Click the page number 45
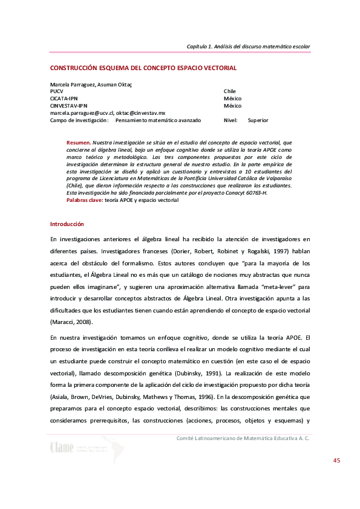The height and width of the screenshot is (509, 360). click(x=336, y=461)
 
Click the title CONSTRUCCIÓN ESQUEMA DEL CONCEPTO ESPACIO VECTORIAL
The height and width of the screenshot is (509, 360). click(x=143, y=68)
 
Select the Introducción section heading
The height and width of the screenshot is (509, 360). click(x=67, y=224)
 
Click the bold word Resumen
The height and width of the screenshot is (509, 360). click(x=78, y=142)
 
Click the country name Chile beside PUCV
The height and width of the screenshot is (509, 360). click(x=230, y=91)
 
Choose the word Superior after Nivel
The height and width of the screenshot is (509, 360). click(x=258, y=120)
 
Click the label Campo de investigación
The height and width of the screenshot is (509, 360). click(x=79, y=120)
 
